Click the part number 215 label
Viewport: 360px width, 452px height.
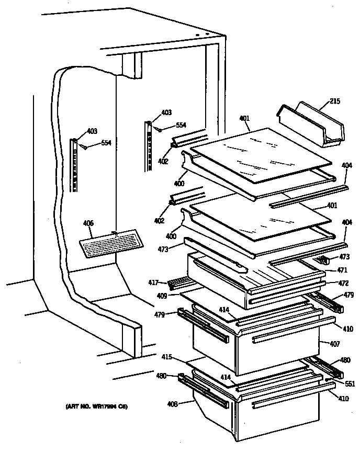tap(334, 101)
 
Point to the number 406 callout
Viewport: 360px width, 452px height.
tap(88, 223)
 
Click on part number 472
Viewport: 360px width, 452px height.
tap(329, 283)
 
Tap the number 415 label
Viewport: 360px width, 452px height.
tap(166, 357)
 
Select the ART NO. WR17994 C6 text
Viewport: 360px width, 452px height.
tap(97, 406)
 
